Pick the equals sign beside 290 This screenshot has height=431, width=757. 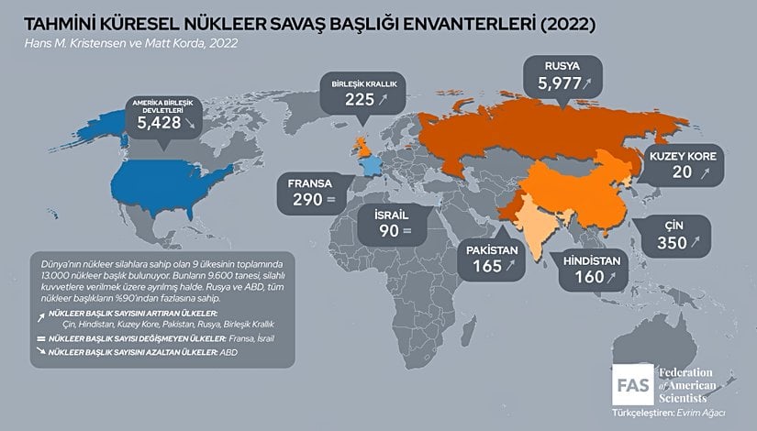click(331, 199)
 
